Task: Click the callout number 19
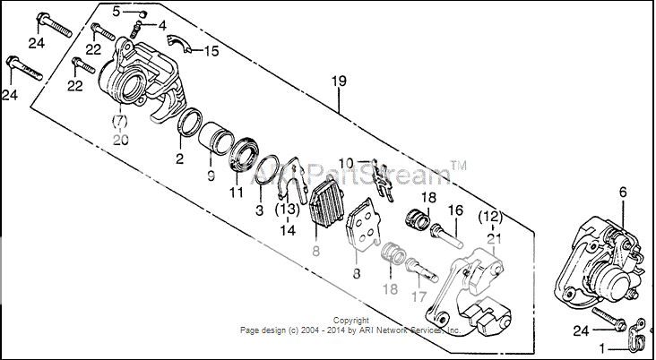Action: point(338,82)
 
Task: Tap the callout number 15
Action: point(211,51)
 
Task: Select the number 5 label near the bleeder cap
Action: point(116,10)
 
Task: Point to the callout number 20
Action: point(121,139)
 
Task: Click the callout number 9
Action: point(211,176)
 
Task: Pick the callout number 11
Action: point(237,192)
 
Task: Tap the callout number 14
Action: point(287,230)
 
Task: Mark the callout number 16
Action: point(454,210)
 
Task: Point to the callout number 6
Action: point(623,192)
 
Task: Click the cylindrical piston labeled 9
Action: point(214,138)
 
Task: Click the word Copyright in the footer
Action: point(350,321)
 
